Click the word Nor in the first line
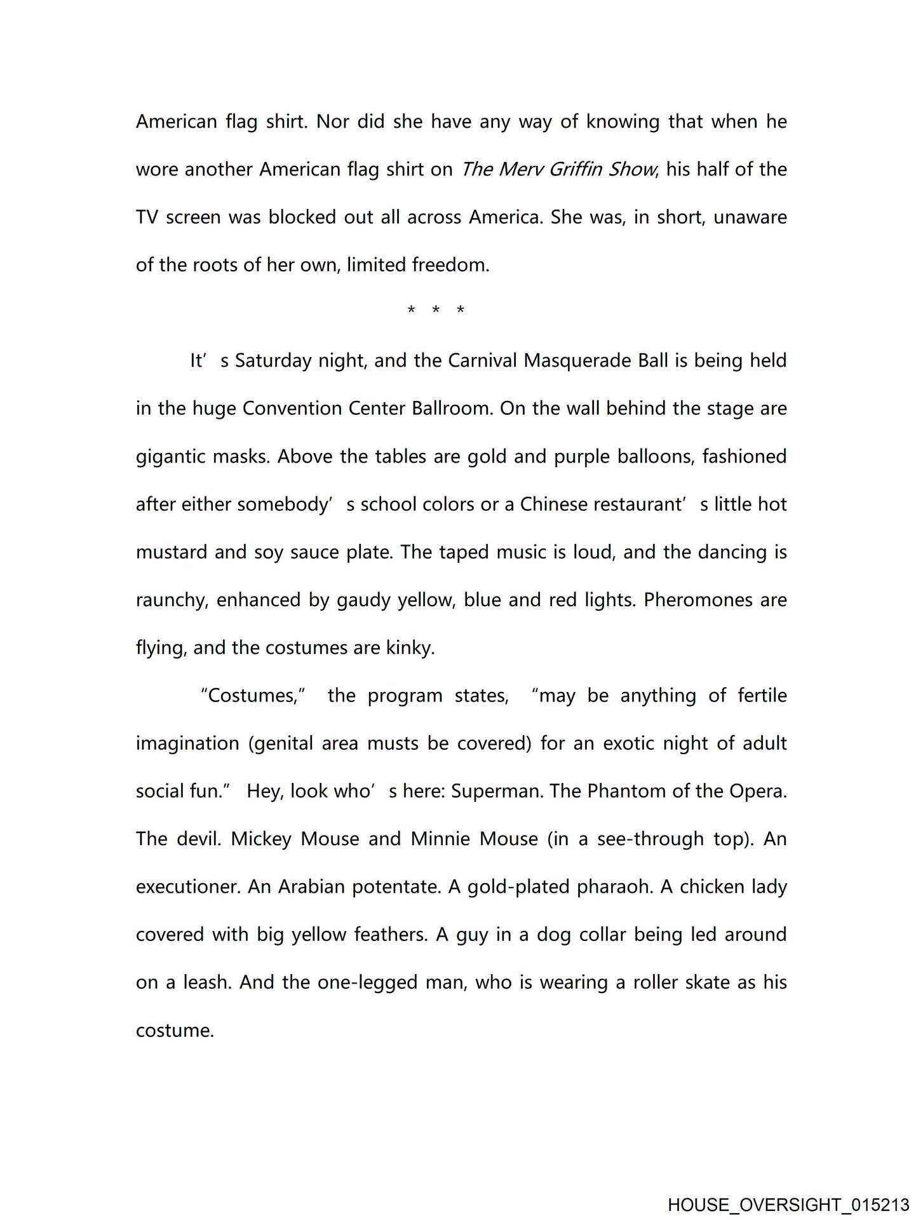click(x=332, y=121)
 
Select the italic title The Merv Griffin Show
click(x=557, y=170)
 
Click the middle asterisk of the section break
click(x=436, y=311)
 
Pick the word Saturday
click(x=274, y=361)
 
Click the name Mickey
click(x=261, y=839)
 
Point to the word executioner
click(x=187, y=886)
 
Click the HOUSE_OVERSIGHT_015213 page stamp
click(x=788, y=1205)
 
